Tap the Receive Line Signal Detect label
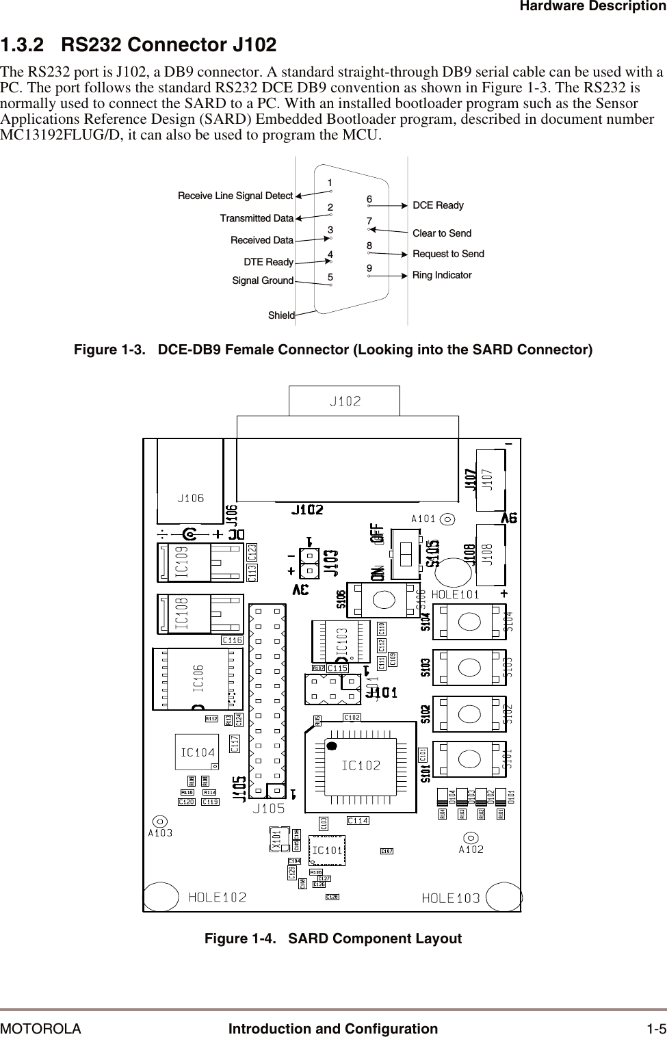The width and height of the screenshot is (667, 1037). coord(235,196)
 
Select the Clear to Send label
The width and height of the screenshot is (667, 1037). coord(442,234)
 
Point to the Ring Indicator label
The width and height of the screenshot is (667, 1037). coord(442,275)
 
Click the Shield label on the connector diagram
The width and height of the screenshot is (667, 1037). coord(281,315)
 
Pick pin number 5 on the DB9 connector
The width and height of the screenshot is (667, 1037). coord(330,278)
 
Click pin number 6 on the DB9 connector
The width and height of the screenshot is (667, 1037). coord(369,200)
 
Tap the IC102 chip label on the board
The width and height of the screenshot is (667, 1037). coord(361,765)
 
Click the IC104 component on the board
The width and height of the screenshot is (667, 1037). coord(197,752)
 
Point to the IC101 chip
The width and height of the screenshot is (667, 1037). coord(327,851)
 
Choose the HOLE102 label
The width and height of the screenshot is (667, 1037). coord(217,897)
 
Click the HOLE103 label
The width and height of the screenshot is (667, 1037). coord(451,898)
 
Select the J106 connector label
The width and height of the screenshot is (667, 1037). coord(191,498)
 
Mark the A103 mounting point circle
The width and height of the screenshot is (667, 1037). coord(159,821)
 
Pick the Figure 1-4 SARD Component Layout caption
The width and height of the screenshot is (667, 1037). coord(333,938)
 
